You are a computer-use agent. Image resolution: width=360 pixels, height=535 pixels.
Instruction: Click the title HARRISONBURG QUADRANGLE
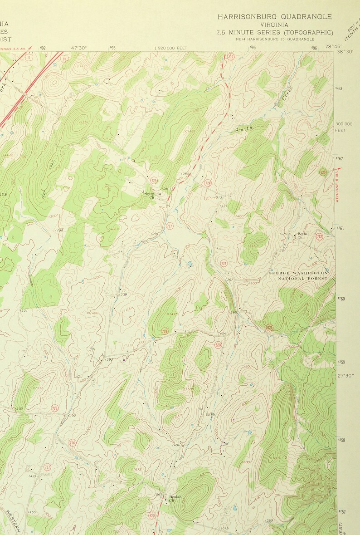[x=274, y=17]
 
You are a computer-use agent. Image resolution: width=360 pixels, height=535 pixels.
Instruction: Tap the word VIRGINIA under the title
[x=274, y=25]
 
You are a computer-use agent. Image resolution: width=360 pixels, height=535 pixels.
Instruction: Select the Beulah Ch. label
[x=175, y=498]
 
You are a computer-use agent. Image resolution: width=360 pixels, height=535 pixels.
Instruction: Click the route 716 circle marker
[x=72, y=442]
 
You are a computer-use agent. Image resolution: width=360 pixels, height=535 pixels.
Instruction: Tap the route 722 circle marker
[x=319, y=236]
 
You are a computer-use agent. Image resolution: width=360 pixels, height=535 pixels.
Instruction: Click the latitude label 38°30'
[x=345, y=52]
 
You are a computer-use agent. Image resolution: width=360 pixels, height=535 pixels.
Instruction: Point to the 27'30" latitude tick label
[x=347, y=375]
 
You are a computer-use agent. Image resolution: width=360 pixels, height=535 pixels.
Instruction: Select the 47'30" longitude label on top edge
[x=79, y=47]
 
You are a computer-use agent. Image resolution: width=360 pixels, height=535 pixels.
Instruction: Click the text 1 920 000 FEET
[x=171, y=48]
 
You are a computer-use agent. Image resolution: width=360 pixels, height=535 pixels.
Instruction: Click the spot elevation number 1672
[x=136, y=469]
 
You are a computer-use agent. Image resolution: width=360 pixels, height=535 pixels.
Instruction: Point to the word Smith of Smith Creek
[x=243, y=129]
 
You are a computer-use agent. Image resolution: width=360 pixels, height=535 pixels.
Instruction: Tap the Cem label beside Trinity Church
[x=166, y=189]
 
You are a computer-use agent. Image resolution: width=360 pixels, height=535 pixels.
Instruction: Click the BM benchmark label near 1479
[x=200, y=409]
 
